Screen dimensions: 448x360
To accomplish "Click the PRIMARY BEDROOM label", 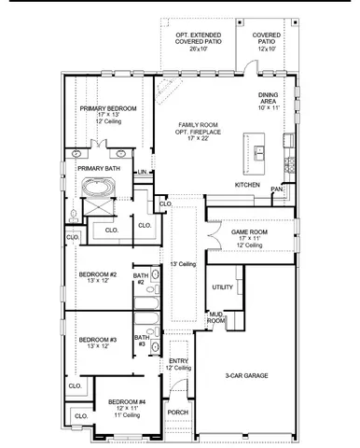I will (107, 108).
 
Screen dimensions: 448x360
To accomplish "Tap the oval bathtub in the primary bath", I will (98, 188).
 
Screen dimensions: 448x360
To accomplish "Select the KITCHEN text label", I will (246, 185).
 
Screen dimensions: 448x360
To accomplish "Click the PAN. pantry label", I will (276, 189).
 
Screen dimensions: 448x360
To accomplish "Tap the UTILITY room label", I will (223, 287).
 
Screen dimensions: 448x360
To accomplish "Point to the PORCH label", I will (177, 411).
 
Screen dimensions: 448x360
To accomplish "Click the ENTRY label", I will (179, 361).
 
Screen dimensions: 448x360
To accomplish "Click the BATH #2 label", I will (140, 278).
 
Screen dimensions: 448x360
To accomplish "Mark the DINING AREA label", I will (269, 101).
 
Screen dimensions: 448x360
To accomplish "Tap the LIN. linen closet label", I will (142, 173).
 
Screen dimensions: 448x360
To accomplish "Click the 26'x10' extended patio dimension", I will (201, 49).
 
